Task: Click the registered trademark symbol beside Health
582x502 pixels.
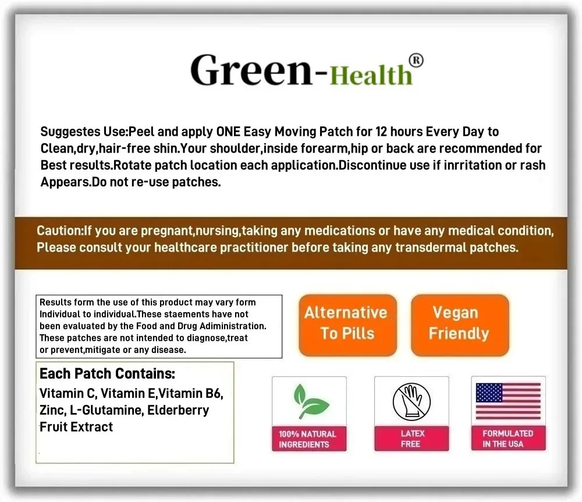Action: pyautogui.click(x=416, y=61)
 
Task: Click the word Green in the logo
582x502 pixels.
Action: pyautogui.click(x=251, y=70)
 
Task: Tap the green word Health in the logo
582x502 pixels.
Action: pyautogui.click(x=371, y=75)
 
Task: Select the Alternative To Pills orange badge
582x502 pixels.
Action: pyautogui.click(x=348, y=326)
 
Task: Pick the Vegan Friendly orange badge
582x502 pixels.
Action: pyautogui.click(x=460, y=326)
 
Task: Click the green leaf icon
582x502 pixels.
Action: pyautogui.click(x=310, y=401)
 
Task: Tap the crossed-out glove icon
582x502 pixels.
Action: pyautogui.click(x=411, y=402)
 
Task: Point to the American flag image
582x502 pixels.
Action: pyautogui.click(x=508, y=401)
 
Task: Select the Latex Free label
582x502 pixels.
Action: pyautogui.click(x=411, y=439)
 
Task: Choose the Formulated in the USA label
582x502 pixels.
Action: pyautogui.click(x=508, y=439)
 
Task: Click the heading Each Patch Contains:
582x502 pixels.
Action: pyautogui.click(x=107, y=373)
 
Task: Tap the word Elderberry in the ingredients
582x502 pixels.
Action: pyautogui.click(x=178, y=411)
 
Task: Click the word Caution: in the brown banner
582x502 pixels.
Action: pyautogui.click(x=60, y=231)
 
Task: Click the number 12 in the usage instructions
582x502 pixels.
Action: pyautogui.click(x=381, y=132)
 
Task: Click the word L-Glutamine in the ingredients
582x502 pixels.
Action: pyautogui.click(x=105, y=411)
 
